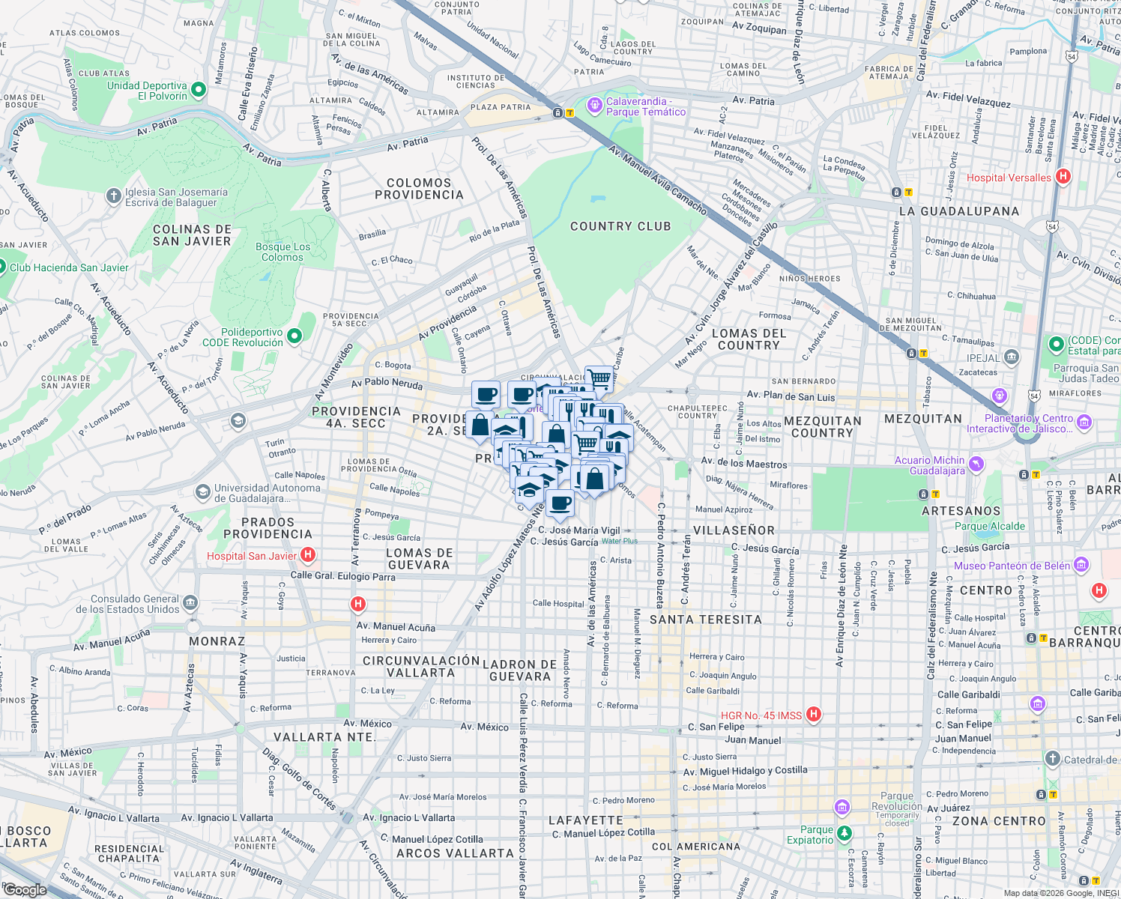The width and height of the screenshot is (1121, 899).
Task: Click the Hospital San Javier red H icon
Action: click(307, 555)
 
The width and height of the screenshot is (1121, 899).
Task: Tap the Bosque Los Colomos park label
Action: click(282, 252)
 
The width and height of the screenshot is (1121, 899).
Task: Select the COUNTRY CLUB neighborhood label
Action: click(620, 226)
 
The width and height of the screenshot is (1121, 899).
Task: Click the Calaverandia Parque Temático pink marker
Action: click(595, 106)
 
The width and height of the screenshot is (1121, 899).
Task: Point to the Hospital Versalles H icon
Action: click(1063, 178)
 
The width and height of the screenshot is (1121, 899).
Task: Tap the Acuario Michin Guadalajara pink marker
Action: click(976, 464)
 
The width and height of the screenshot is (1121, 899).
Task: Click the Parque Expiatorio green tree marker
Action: click(844, 833)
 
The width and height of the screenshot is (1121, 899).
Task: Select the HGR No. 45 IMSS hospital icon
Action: click(814, 715)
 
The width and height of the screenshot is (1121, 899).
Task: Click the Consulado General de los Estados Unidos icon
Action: click(190, 603)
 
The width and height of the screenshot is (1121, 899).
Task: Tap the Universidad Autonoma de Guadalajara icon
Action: click(202, 492)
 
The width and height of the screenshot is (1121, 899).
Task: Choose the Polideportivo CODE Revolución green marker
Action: click(294, 336)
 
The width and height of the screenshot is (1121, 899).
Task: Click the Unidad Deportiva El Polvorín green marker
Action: click(199, 91)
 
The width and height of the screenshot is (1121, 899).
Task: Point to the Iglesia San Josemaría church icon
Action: click(113, 196)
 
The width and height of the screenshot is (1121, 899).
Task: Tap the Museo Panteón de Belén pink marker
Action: click(1081, 565)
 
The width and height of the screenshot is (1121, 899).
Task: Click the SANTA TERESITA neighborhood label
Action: click(705, 620)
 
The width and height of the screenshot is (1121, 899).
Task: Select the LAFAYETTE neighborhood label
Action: click(586, 820)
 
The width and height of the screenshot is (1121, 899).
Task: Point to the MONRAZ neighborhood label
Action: click(217, 641)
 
